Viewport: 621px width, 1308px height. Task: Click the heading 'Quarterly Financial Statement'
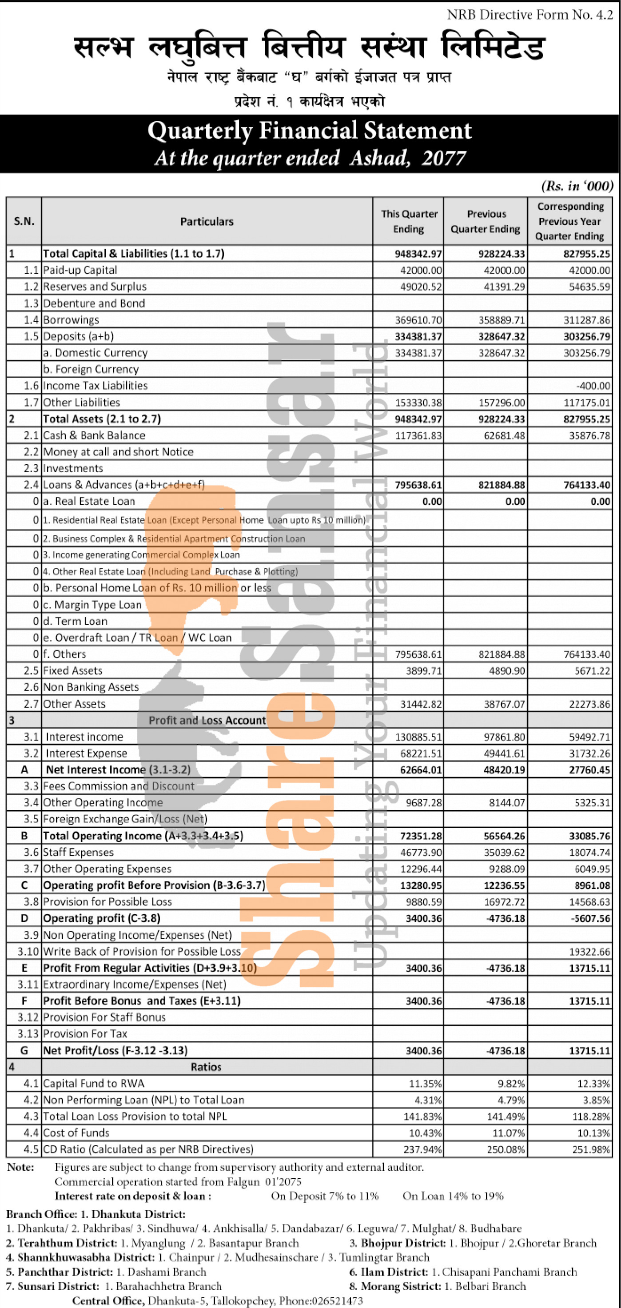tap(310, 131)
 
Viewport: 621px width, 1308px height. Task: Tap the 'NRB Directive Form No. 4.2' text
tap(529, 15)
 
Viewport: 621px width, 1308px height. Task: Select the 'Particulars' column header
tap(207, 221)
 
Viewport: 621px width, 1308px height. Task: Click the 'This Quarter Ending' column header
tap(409, 221)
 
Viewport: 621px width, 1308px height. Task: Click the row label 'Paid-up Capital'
tap(80, 270)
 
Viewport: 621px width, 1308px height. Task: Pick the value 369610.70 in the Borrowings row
tap(418, 320)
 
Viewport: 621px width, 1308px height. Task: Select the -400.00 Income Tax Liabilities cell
tap(593, 386)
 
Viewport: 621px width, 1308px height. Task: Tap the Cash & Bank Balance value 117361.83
tap(418, 436)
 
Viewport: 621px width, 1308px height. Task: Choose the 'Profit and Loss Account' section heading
tap(207, 720)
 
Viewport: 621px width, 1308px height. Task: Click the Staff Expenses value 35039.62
tap(504, 853)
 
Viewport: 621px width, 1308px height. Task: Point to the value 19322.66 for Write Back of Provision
tap(589, 952)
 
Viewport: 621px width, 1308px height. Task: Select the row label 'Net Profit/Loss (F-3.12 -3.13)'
tap(115, 1051)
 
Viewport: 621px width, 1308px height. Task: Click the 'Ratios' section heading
tap(206, 1067)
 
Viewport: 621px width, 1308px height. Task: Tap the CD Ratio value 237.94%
tap(425, 1149)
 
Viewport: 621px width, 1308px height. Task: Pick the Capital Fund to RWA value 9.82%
tap(511, 1084)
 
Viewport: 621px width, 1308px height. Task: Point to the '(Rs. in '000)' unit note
tap(577, 186)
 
